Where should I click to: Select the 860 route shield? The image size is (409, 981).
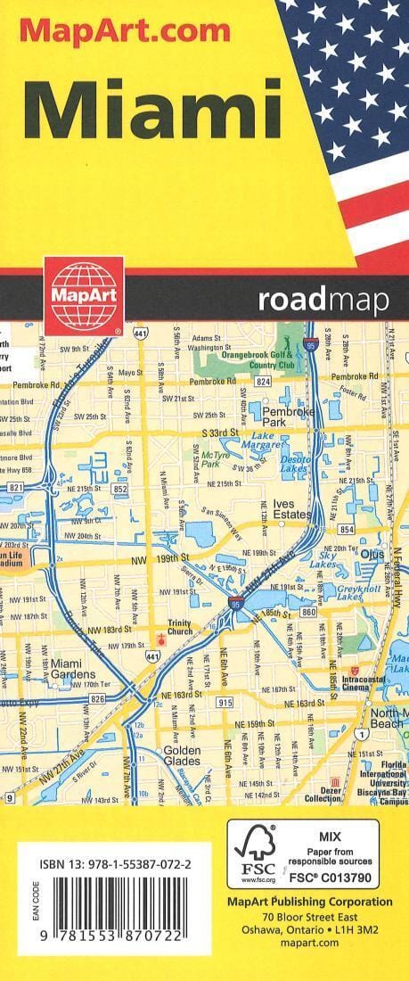[x=309, y=614]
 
